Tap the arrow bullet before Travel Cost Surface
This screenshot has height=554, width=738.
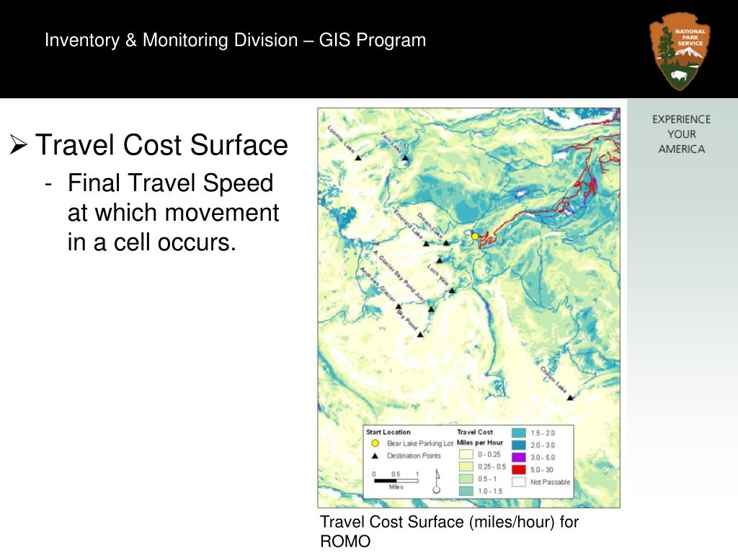coord(19,145)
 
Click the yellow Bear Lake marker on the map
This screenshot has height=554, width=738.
coord(475,236)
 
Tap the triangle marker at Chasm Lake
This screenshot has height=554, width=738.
coord(570,397)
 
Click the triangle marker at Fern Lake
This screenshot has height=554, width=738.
coord(405,158)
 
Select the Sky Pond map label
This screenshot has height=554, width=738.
coord(406,320)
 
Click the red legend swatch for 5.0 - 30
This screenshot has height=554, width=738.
coord(518,469)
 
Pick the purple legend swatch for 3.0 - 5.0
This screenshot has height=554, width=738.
coord(518,457)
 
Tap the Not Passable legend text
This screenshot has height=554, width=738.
coord(551,481)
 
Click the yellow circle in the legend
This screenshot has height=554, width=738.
coord(374,444)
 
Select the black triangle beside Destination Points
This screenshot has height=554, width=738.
coord(374,456)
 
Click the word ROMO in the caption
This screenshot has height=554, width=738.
coord(345,542)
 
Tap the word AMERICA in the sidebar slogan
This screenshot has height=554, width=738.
coord(681,149)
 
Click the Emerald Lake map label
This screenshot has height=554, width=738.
coord(407,224)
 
